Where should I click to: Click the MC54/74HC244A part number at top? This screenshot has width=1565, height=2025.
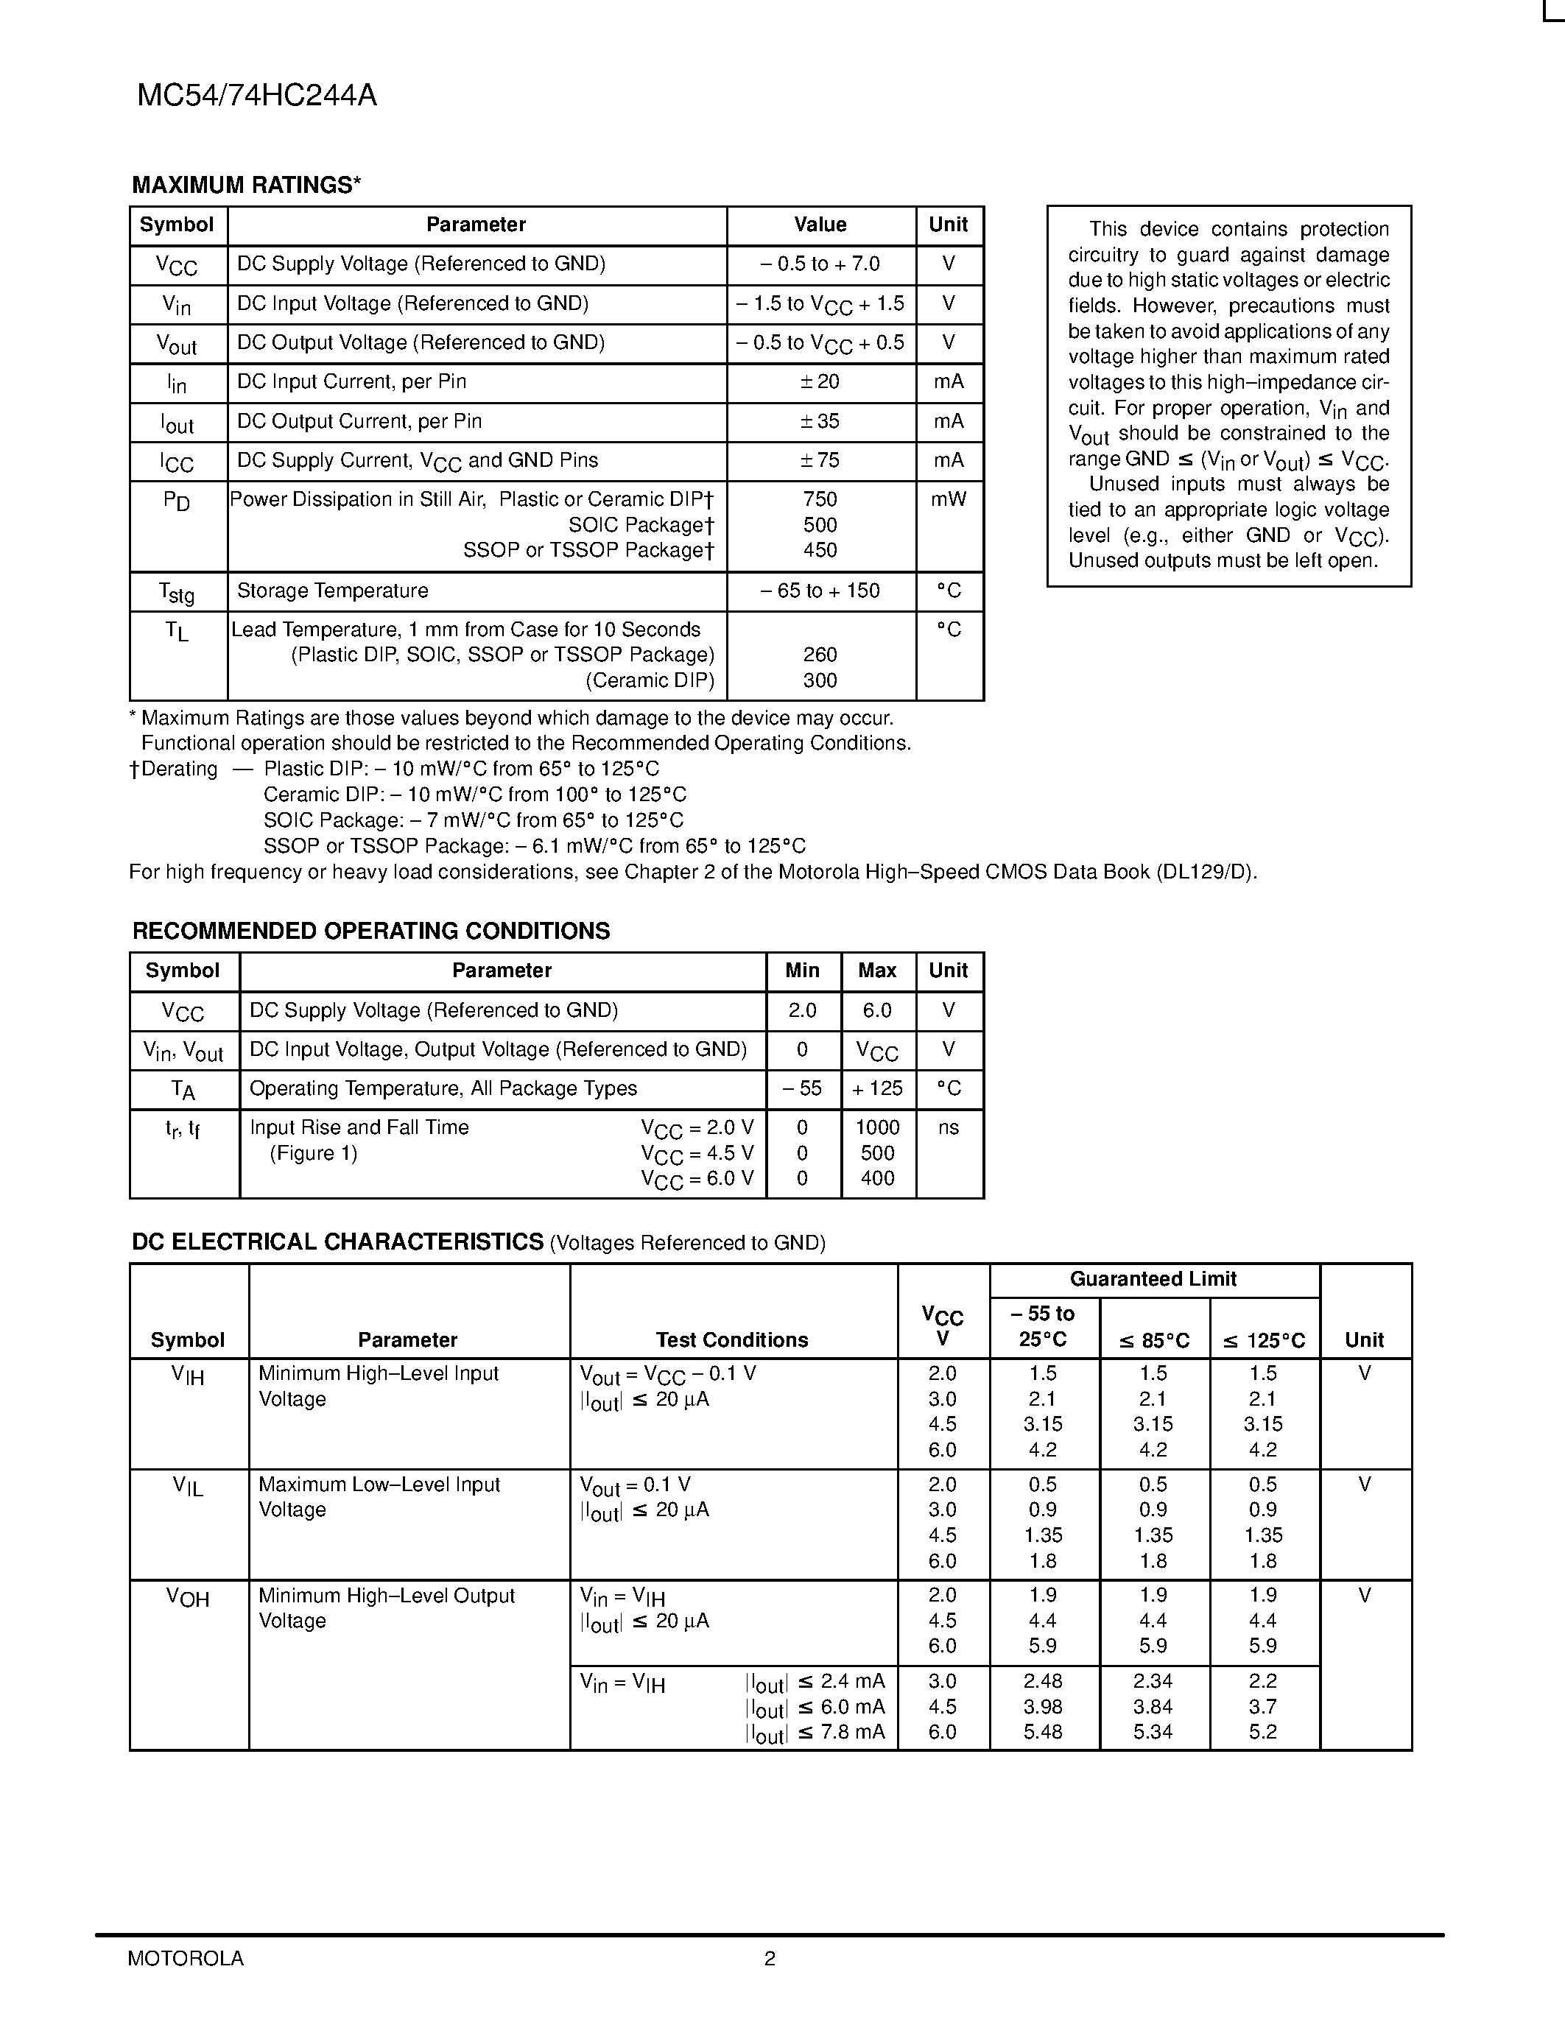(257, 96)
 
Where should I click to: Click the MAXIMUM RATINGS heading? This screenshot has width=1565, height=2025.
(246, 186)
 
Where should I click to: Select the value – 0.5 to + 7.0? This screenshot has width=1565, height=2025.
(820, 264)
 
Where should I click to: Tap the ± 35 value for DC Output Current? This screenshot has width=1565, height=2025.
(820, 422)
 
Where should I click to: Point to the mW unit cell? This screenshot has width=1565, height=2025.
(948, 500)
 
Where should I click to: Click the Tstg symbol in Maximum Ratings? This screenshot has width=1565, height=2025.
(176, 591)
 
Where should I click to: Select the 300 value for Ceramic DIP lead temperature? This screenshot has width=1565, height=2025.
(820, 680)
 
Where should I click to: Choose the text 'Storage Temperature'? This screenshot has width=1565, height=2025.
(332, 591)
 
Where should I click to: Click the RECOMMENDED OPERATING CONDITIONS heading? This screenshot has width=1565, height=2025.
(371, 931)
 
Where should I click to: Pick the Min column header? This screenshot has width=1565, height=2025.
(802, 971)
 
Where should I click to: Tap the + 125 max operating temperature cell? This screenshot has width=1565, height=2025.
(877, 1088)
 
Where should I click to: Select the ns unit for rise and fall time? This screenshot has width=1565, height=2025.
(948, 1128)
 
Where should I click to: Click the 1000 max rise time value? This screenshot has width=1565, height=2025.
(877, 1128)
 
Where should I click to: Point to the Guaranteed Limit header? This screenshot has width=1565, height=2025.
(1153, 1280)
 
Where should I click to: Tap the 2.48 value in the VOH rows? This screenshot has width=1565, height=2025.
(1043, 1681)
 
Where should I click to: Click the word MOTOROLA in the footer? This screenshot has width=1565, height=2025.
(186, 1958)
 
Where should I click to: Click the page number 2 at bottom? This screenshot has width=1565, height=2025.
(770, 1958)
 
